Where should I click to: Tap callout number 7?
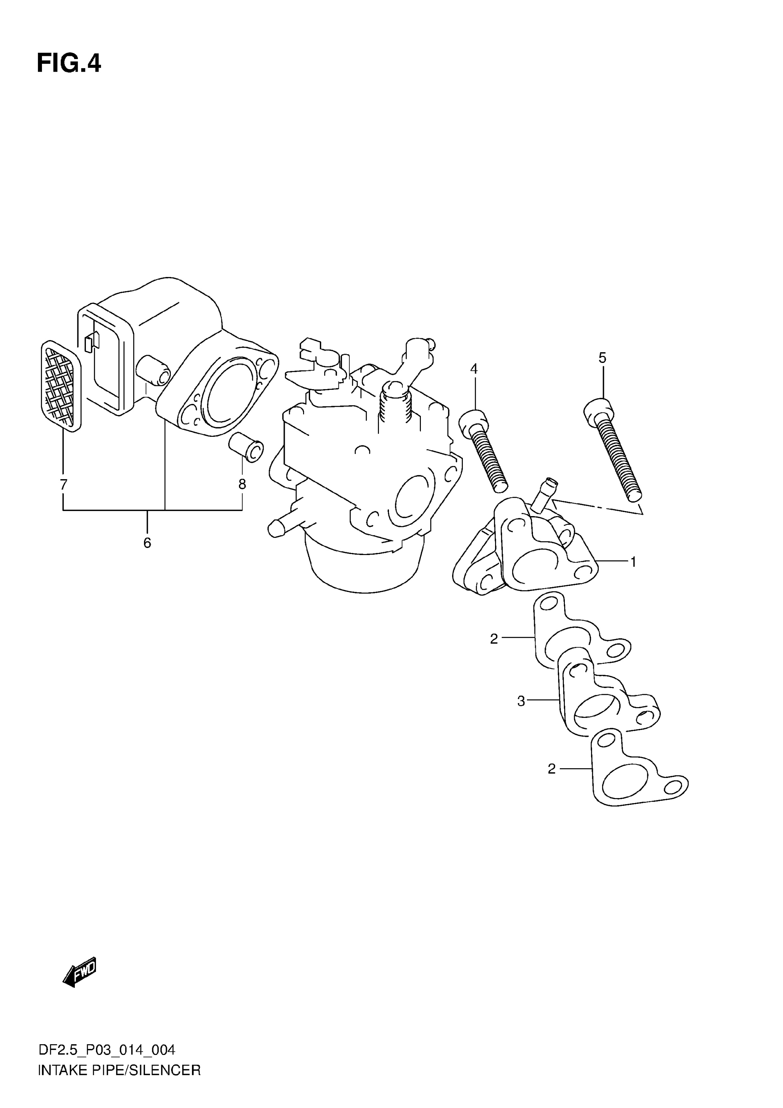[63, 484]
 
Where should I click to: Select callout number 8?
[242, 484]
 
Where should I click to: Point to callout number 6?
[147, 543]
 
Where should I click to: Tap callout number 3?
[521, 701]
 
